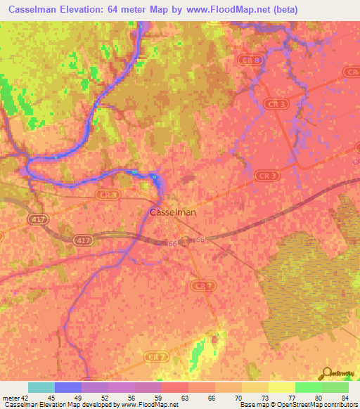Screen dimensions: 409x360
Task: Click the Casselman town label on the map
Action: [x=173, y=212]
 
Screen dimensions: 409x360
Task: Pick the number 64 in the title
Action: [x=115, y=10]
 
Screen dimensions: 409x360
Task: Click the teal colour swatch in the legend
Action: [x=41, y=387]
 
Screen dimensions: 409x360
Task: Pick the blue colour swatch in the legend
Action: [x=68, y=387]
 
